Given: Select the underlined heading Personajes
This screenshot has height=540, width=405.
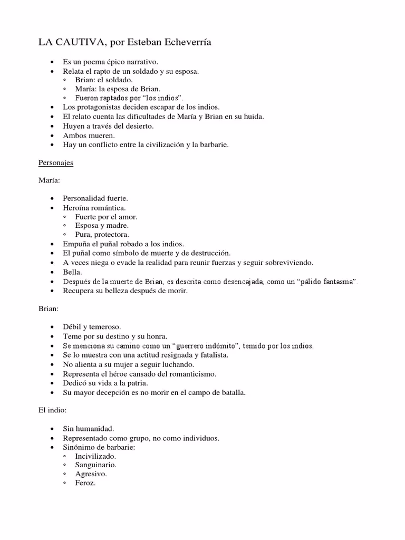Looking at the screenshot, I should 55,163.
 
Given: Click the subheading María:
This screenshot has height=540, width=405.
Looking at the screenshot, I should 50,180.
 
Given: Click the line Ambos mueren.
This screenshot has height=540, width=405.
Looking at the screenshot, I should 89,136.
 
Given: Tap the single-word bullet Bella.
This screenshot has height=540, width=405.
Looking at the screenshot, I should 72,272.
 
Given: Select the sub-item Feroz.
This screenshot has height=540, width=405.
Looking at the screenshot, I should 85,484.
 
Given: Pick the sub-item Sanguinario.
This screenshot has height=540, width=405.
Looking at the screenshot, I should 95,465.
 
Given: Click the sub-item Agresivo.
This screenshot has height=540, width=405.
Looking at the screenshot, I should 91,474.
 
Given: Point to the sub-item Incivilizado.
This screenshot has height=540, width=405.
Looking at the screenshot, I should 95,456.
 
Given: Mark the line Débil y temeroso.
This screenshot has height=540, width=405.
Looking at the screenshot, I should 92,327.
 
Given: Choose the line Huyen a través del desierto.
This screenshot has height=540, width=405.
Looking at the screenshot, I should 108,127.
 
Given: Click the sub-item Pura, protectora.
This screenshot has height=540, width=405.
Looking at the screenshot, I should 102,235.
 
